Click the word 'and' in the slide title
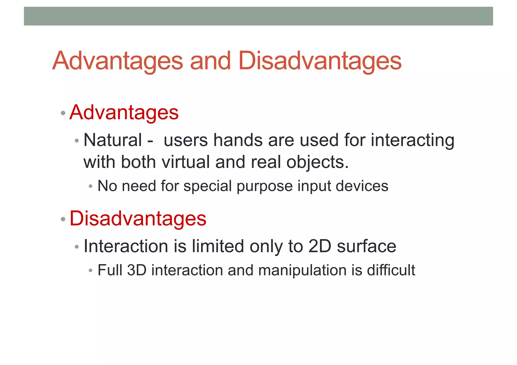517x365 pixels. click(x=210, y=61)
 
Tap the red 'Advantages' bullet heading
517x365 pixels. click(x=124, y=113)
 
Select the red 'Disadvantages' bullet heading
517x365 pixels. click(x=138, y=218)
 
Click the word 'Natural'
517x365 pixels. click(x=113, y=140)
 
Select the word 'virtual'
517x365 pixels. click(x=186, y=162)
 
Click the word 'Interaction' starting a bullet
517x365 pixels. click(x=125, y=246)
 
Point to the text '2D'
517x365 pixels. click(x=320, y=246)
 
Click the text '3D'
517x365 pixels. click(x=137, y=270)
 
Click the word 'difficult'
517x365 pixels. click(x=391, y=270)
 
